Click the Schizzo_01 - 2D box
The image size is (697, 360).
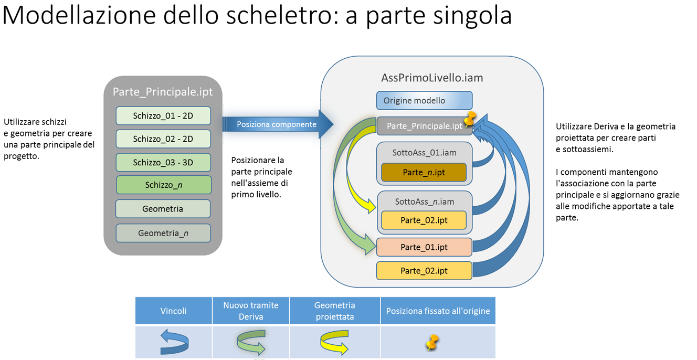click(163, 116)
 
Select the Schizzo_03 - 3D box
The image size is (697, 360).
click(163, 162)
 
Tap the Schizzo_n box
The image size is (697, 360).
click(163, 185)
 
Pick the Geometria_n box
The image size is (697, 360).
click(163, 233)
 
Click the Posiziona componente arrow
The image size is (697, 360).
click(277, 124)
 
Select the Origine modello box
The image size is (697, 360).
click(424, 101)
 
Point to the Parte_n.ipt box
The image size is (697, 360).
click(424, 173)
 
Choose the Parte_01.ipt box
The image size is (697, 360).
click(424, 247)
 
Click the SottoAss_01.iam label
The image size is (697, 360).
click(424, 153)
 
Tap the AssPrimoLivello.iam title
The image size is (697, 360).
click(432, 78)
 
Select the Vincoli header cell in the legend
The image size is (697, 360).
click(174, 311)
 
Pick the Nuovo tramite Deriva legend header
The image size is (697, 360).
click(251, 311)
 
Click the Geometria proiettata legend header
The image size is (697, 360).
click(335, 311)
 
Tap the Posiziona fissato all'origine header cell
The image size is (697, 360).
click(438, 311)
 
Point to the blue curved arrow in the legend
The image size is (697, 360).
click(174, 342)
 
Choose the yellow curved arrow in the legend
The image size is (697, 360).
click(334, 342)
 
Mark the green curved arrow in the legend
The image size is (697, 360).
click(251, 342)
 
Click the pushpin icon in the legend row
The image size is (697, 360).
click(432, 343)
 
